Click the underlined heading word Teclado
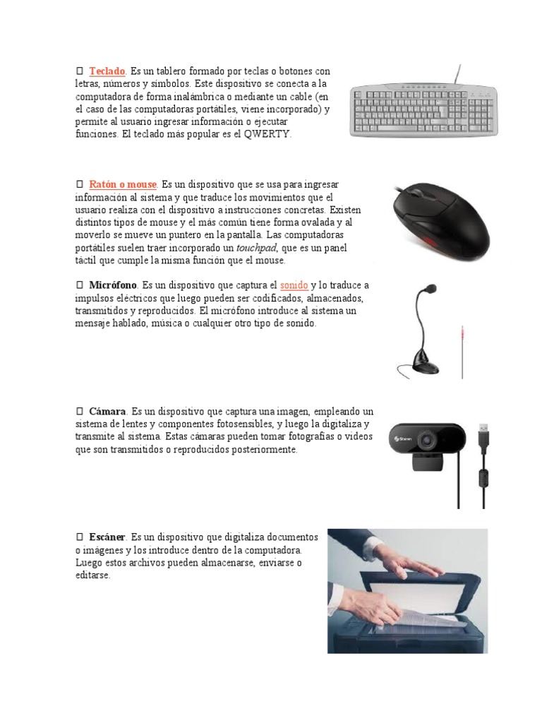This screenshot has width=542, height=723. [107, 71]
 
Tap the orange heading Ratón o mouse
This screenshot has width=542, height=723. [123, 185]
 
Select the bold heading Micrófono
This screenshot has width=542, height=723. [113, 286]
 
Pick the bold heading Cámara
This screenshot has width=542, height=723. [107, 411]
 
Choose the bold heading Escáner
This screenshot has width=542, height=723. [108, 537]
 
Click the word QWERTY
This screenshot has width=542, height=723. [267, 134]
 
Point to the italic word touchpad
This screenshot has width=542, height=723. [256, 249]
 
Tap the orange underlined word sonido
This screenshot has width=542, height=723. [294, 286]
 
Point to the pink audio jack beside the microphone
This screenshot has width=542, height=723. [462, 333]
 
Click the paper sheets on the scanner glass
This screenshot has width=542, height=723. [423, 617]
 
